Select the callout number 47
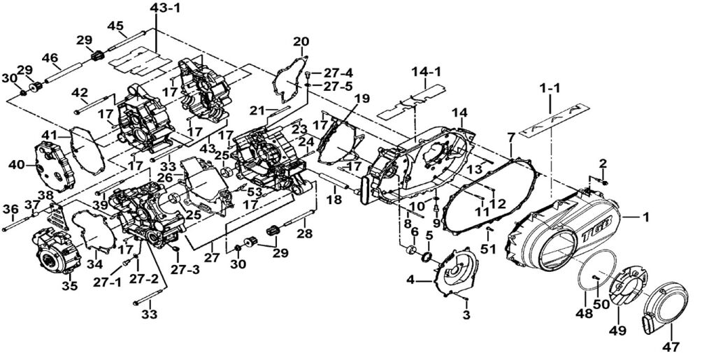671,345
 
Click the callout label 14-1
426,71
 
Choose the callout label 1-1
550,89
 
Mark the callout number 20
301,42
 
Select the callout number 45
115,26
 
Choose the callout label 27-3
186,268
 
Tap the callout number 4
411,280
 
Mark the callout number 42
80,93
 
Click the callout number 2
603,164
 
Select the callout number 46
50,58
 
